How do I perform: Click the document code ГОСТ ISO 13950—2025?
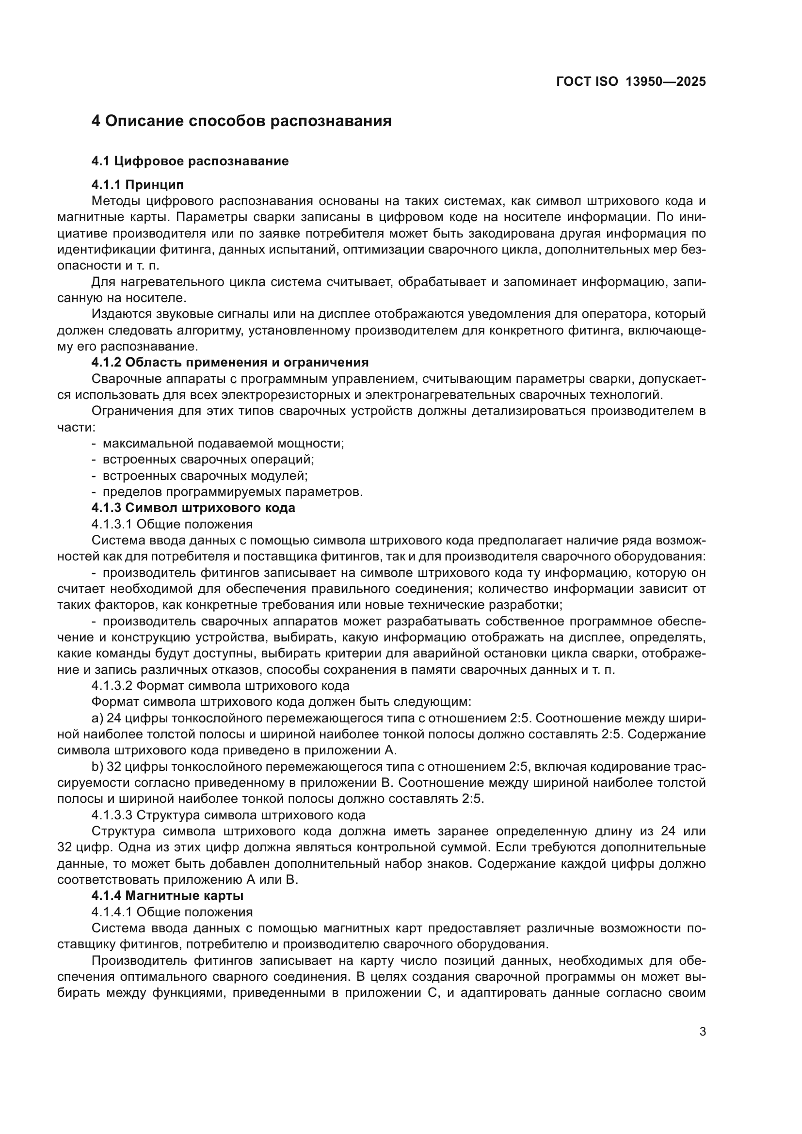click(x=631, y=81)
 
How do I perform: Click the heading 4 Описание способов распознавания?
click(x=241, y=121)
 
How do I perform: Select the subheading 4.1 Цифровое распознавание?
click(x=190, y=161)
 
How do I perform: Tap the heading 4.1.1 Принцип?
click(x=137, y=185)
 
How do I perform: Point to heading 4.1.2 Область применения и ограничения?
click(x=230, y=362)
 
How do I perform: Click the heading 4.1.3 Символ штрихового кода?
click(x=193, y=508)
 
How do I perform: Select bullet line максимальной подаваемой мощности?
click(x=223, y=443)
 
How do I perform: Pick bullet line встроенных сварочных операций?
click(x=208, y=459)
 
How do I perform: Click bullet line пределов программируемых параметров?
click(x=232, y=492)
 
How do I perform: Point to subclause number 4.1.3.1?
click(x=112, y=524)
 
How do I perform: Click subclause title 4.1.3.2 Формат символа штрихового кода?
click(x=220, y=686)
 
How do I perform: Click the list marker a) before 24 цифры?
click(x=97, y=718)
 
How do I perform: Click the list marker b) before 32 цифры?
click(x=97, y=767)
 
